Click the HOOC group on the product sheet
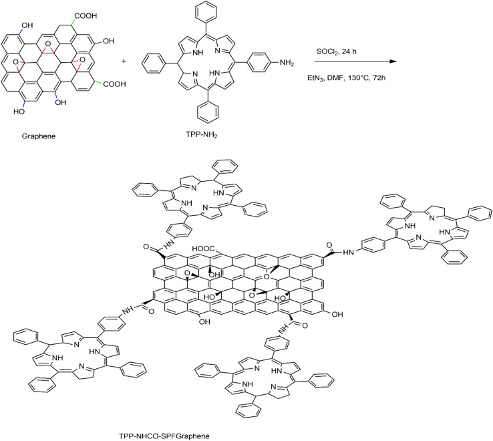tap(203, 249)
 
